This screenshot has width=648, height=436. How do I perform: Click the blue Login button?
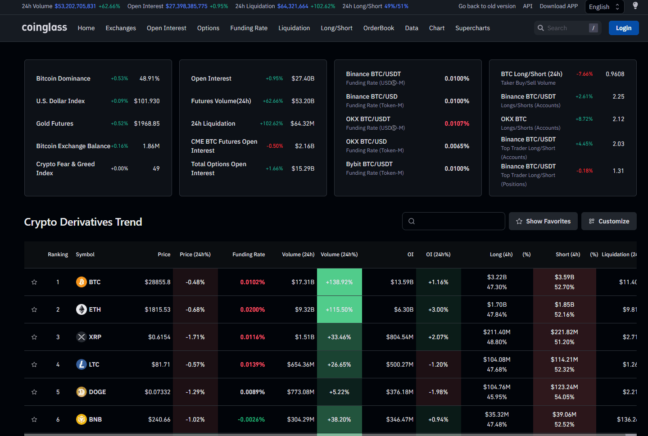pos(623,28)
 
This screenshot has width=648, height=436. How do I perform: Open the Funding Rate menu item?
pos(249,28)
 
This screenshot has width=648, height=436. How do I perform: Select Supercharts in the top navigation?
pos(472,28)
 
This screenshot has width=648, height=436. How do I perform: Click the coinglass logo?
pos(44,27)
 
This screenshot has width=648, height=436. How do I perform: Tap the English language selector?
pos(604,7)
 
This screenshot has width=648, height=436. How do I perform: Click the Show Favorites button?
pos(543,221)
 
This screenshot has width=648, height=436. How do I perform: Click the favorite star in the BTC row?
pos(34,282)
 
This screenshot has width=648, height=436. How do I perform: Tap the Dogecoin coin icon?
pos(82,392)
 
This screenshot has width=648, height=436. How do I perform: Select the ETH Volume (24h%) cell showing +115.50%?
pos(340,309)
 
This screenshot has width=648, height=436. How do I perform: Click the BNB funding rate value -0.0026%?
pos(251,419)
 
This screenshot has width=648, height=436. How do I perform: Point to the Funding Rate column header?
pos(249,254)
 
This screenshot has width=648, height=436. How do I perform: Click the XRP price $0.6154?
pos(159,337)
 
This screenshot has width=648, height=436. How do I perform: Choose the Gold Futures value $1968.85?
pos(147,123)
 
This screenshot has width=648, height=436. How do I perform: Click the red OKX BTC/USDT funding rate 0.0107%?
pos(457,123)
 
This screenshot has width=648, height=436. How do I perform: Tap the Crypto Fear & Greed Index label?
pos(65,168)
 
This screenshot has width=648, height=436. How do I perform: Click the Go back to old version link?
pos(487,6)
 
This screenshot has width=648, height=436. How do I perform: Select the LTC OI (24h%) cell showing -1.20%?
pos(438,364)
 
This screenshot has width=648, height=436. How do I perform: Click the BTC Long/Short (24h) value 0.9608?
pos(615,74)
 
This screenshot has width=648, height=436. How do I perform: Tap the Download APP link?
pos(558,6)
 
